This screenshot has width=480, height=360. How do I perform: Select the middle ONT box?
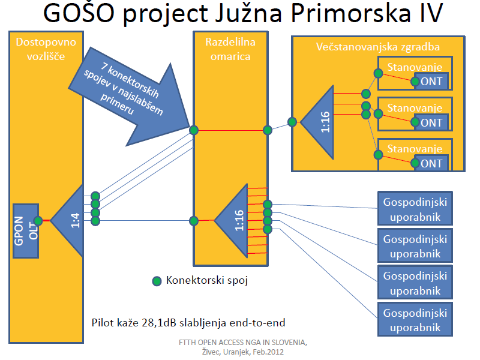431,123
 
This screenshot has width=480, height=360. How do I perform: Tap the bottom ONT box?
431,163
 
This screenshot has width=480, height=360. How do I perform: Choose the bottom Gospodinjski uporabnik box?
415,320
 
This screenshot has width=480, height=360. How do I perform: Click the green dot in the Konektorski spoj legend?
157,280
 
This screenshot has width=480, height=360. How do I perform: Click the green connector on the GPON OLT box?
38,221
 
